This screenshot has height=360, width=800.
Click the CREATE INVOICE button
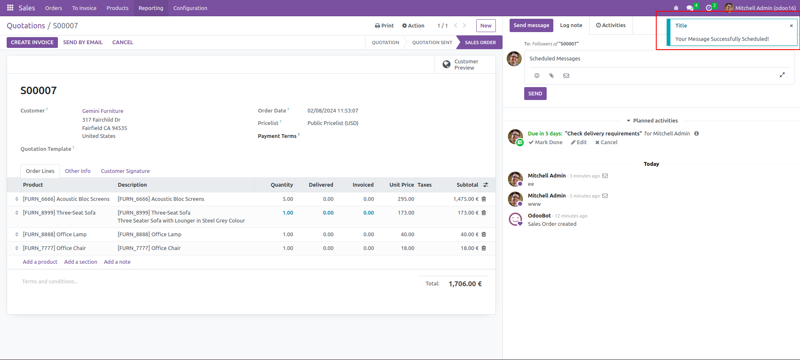pyautogui.click(x=32, y=42)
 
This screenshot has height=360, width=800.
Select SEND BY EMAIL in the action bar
pyautogui.click(x=83, y=42)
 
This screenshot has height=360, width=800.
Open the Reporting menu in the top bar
pyautogui.click(x=151, y=8)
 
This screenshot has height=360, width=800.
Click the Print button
pyautogui.click(x=384, y=26)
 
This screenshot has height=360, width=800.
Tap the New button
pyautogui.click(x=486, y=26)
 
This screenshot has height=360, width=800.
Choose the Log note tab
pyautogui.click(x=571, y=25)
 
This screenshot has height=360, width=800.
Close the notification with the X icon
pyautogui.click(x=791, y=26)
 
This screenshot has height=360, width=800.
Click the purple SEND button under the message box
pyautogui.click(x=535, y=94)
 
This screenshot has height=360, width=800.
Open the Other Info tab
pyautogui.click(x=77, y=171)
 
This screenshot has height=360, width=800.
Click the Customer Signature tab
pyautogui.click(x=125, y=171)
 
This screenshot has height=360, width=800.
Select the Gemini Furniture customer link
pyautogui.click(x=102, y=111)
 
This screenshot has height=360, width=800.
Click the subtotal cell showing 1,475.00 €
pyautogui.click(x=465, y=199)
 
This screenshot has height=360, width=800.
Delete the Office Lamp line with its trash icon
pyautogui.click(x=484, y=235)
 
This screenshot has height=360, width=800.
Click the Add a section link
pyautogui.click(x=80, y=262)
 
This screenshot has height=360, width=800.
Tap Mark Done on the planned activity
pyautogui.click(x=545, y=142)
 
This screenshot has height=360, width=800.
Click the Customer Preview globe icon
pyautogui.click(x=447, y=65)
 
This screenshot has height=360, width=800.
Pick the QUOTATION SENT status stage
pyautogui.click(x=432, y=42)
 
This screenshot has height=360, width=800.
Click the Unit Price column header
pyautogui.click(x=401, y=185)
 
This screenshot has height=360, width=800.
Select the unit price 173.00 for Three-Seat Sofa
pyautogui.click(x=406, y=213)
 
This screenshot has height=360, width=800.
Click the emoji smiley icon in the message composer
pyautogui.click(x=537, y=76)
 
